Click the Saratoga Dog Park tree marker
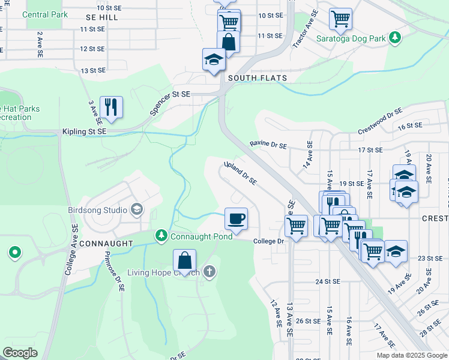click(x=394, y=38)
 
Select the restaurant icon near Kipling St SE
click(x=111, y=107)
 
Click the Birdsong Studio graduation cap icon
click(x=137, y=209)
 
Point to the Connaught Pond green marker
click(x=161, y=236)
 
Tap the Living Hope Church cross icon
click(x=209, y=272)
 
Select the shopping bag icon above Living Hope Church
click(x=185, y=260)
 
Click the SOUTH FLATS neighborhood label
click(x=257, y=78)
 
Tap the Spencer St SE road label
click(x=169, y=103)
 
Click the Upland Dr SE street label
click(x=240, y=173)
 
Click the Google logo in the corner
click(x=20, y=353)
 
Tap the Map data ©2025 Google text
click(x=412, y=355)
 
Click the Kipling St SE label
click(x=84, y=131)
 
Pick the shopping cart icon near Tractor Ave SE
click(x=340, y=19)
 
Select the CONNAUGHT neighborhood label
click(x=106, y=244)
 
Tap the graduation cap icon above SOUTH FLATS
click(x=213, y=59)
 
